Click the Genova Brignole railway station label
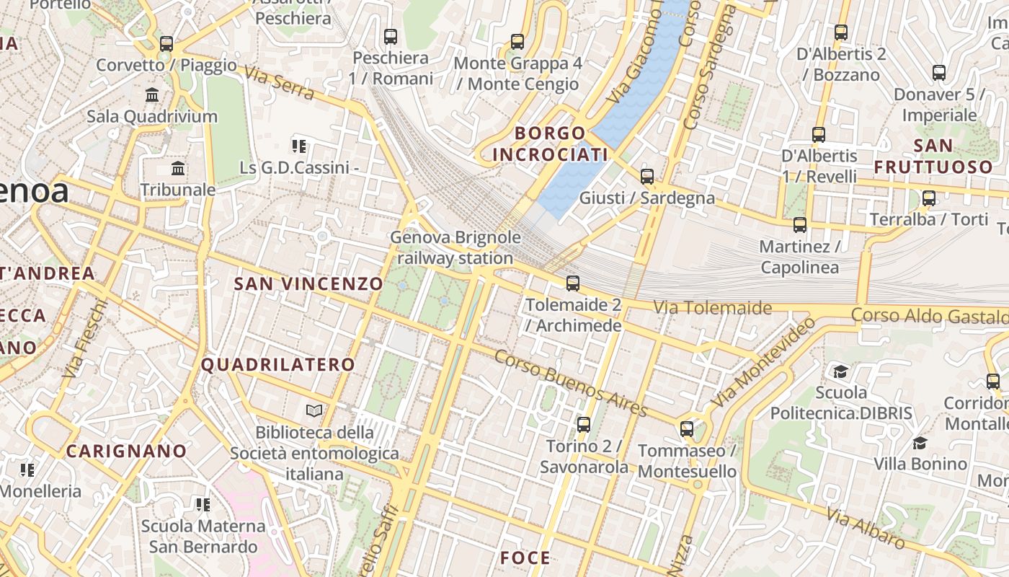click(x=455, y=247)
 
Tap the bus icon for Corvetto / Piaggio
click(x=166, y=43)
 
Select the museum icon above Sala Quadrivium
click(x=152, y=94)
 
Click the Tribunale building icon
click(x=178, y=169)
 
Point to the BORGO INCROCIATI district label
click(x=551, y=144)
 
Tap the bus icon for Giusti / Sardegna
click(x=647, y=176)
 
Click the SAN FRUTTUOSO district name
click(x=933, y=156)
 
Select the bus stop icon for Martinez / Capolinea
click(x=800, y=225)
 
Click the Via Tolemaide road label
click(x=712, y=308)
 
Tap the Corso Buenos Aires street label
click(x=571, y=383)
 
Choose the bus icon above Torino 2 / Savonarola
click(x=584, y=424)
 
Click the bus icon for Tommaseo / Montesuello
click(x=687, y=429)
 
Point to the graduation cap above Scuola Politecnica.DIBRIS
click(x=841, y=371)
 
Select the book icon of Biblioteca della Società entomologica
click(x=314, y=411)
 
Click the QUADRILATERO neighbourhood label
click(x=278, y=365)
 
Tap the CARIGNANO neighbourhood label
click(x=126, y=452)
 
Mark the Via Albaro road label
click(x=865, y=527)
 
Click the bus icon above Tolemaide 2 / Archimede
click(x=573, y=283)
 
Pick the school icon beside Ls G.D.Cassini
click(x=299, y=147)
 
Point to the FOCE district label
click(x=525, y=558)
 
